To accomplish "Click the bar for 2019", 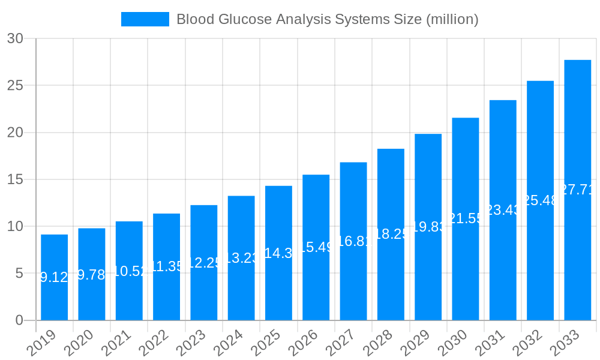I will coord(54,277).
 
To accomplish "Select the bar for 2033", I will coord(577,190).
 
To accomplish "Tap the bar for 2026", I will coord(316,247).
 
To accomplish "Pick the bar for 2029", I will coord(428,227).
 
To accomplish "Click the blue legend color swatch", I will coord(145,19).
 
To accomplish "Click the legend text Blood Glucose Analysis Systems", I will coord(327,19).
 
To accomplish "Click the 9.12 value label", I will coord(54,277).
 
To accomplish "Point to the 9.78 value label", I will coord(92,275).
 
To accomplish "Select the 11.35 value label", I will coord(166,266).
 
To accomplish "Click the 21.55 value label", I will coord(466,218).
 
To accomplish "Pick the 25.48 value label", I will coord(540,200).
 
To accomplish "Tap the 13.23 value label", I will coord(241,258).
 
